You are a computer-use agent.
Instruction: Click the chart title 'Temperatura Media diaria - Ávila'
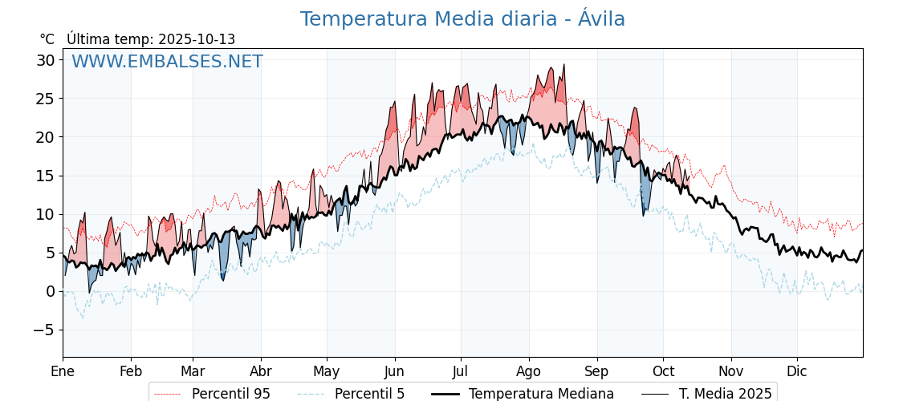point(462,19)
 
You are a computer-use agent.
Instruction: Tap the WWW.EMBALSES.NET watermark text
point(167,62)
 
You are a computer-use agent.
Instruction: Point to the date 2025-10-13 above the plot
point(197,39)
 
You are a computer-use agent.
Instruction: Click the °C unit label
point(47,39)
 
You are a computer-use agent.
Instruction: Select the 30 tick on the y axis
point(45,60)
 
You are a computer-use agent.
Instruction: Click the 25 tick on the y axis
point(45,99)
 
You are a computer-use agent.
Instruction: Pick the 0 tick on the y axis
point(50,291)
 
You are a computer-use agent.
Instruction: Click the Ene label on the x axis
point(63,371)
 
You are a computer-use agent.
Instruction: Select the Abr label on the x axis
point(261,371)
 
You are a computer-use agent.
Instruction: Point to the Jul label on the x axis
point(461,371)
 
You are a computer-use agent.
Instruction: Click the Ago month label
point(529,371)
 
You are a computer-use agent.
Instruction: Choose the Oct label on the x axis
point(663,371)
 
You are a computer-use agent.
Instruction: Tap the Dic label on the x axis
point(797,371)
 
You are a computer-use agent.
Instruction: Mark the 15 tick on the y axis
point(45,176)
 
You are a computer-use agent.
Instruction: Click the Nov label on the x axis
point(731,371)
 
